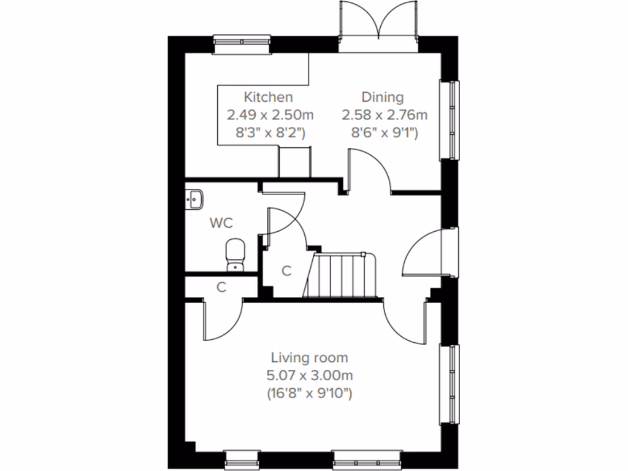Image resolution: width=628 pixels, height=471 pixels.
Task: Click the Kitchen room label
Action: click(268, 97)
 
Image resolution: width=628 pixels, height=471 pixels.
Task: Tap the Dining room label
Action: click(382, 97)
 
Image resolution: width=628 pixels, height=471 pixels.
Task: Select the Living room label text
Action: click(310, 358)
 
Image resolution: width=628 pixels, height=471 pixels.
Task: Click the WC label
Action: click(221, 223)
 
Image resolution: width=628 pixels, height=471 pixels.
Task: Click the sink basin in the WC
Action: click(194, 199)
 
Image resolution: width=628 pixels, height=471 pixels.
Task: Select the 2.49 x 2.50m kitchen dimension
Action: click(270, 115)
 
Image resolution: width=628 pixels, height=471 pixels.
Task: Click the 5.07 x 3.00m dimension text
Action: click(310, 375)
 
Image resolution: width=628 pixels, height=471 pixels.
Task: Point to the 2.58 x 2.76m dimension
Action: click(385, 115)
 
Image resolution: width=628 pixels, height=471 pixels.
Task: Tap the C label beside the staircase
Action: click(286, 270)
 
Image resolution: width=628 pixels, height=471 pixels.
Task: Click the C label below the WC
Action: click(221, 286)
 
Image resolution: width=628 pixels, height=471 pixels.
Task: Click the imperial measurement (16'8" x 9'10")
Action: click(310, 393)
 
